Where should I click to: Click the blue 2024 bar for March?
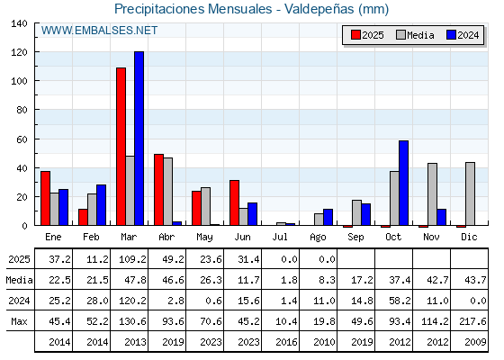point(139,139)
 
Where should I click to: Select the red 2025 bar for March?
point(121,146)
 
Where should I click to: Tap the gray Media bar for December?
point(470,193)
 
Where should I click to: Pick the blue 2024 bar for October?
point(404,183)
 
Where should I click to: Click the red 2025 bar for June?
point(234,202)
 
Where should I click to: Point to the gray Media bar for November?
point(432,194)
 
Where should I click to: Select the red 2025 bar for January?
point(45,198)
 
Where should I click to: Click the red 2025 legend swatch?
point(355,35)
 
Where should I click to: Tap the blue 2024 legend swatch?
point(451,35)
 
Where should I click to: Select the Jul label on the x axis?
point(280,237)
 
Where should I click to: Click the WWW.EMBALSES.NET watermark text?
point(99,31)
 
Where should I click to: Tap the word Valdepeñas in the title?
point(319,9)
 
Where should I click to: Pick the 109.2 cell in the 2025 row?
point(132,259)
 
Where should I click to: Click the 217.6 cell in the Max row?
point(472,321)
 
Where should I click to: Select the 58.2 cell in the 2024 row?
point(400,301)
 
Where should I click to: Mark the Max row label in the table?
point(19,321)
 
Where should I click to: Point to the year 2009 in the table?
point(475,342)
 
